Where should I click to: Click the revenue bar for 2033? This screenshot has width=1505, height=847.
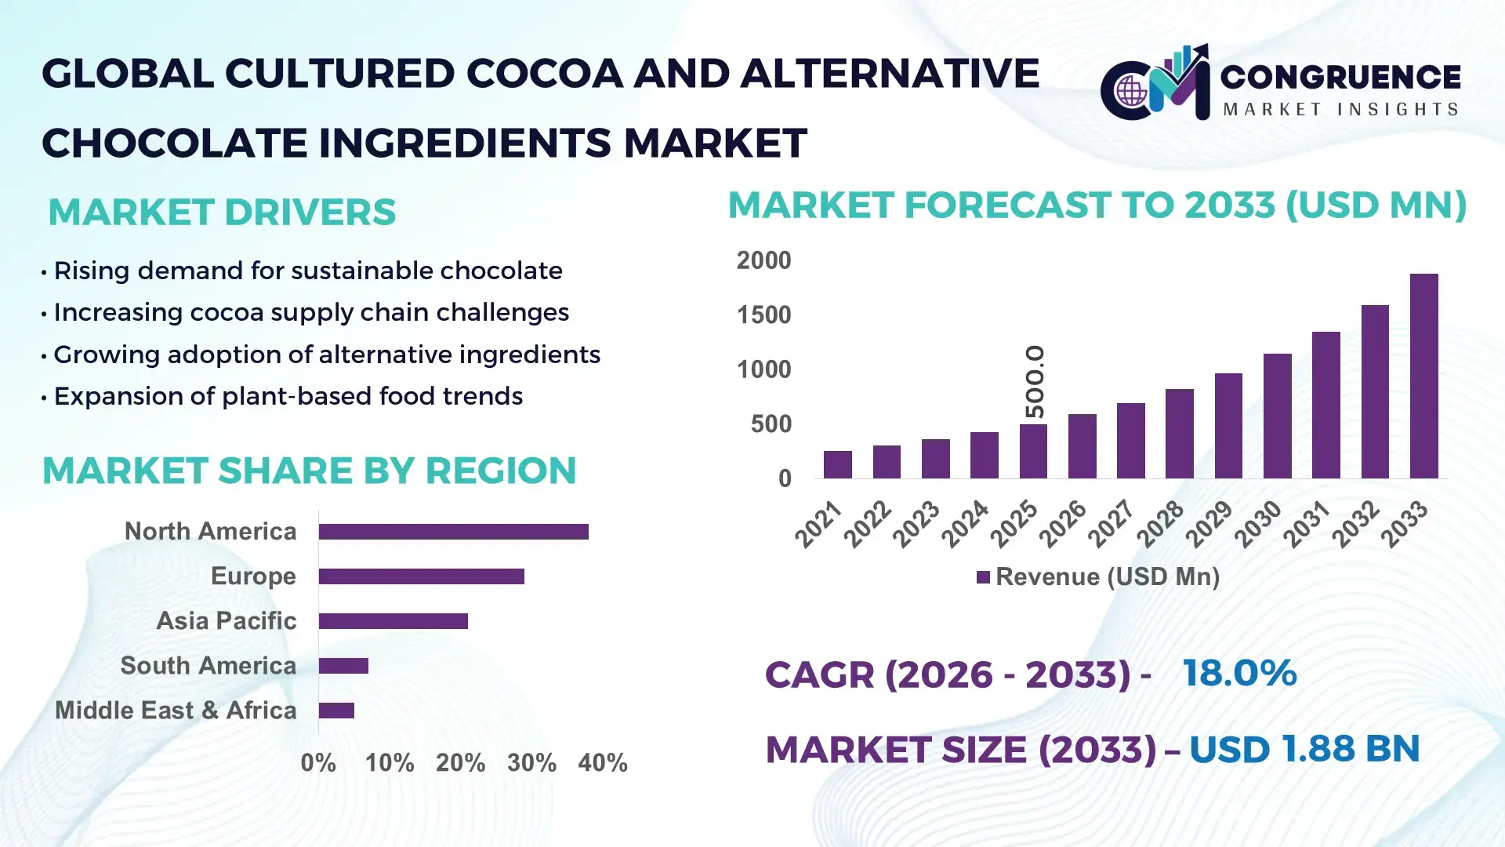pos(1423,376)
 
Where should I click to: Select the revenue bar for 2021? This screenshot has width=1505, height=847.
pos(837,464)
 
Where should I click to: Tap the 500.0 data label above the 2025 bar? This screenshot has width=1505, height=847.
pos(1035,382)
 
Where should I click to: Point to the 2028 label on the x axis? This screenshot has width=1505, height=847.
pos(1160,523)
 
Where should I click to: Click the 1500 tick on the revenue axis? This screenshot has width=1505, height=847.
pos(763,315)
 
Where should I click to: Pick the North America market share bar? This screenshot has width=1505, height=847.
pos(453,532)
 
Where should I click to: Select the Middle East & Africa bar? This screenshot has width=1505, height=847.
pos(336,711)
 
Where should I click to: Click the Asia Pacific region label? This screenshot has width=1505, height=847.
pos(226,620)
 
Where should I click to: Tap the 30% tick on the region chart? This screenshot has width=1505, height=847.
pos(531,762)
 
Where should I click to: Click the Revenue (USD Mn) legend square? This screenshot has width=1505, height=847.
pos(983,577)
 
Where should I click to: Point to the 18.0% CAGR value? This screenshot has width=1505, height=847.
pos(1238,673)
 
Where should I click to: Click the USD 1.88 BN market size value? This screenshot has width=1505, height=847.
pos(1304,749)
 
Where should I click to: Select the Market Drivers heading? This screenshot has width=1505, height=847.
pos(222,213)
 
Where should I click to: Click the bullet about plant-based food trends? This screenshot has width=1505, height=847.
pos(288,396)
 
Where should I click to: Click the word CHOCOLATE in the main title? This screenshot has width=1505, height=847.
pos(174,143)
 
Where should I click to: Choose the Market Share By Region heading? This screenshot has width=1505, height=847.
pos(309,471)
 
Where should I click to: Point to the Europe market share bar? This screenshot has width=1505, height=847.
pos(421,576)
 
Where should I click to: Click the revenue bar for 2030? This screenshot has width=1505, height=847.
pos(1277,416)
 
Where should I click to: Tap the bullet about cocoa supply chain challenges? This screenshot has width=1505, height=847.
pos(310,312)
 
